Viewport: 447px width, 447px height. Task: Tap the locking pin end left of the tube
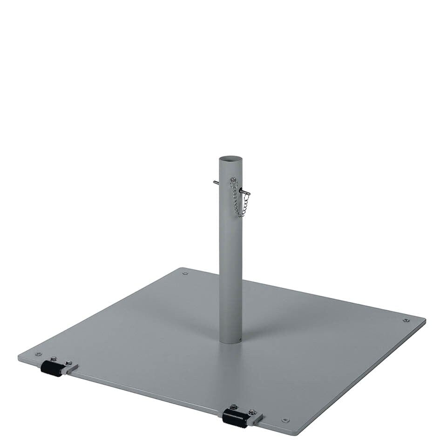pos(215,182)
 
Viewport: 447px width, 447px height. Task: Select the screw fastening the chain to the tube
pos(233,180)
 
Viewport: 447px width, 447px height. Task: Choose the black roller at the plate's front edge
pos(235,418)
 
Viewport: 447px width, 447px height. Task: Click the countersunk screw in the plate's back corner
pos(185,273)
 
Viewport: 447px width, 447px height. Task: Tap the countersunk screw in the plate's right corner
pos(406,320)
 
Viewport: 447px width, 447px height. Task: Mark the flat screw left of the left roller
pos(38,354)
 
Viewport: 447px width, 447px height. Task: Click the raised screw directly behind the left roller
pos(53,359)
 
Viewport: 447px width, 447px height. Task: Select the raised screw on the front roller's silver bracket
pos(252,412)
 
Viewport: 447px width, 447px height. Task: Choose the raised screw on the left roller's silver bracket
pos(68,362)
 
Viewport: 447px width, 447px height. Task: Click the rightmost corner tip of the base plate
pos(425,320)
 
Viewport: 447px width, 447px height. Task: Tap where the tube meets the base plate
pos(231,342)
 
